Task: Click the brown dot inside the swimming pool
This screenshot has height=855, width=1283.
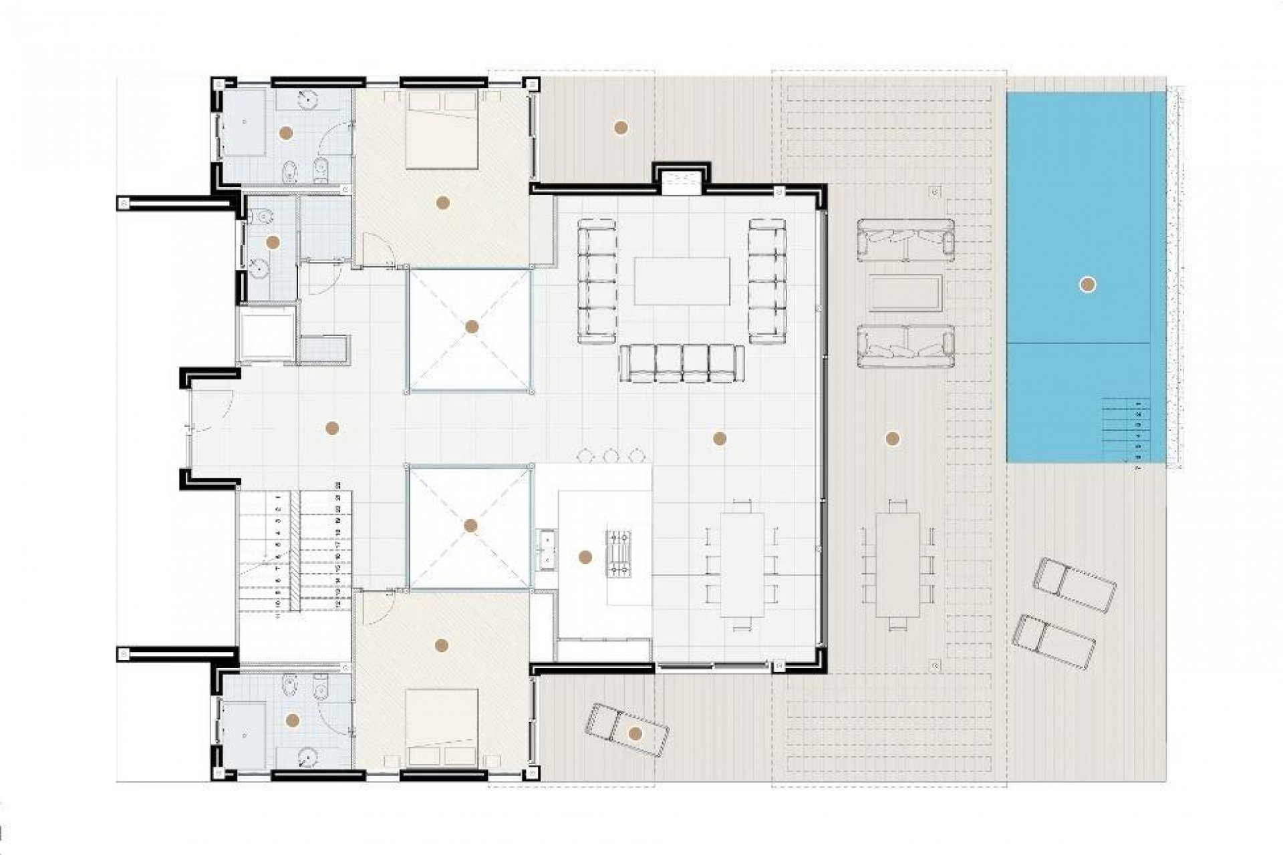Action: click(1087, 285)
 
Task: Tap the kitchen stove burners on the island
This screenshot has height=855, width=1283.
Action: click(618, 552)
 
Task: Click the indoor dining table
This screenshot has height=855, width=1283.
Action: click(742, 565)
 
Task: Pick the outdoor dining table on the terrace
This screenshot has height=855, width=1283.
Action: click(897, 565)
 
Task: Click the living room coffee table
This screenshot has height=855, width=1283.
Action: click(681, 281)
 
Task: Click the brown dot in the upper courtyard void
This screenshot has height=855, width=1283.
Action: click(472, 327)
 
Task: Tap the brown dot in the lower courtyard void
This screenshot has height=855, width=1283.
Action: click(470, 526)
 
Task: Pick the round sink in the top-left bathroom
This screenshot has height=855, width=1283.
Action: click(307, 99)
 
